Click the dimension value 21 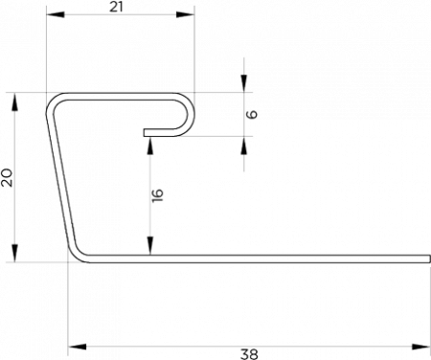pos(116,7)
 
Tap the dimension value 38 pos(249,354)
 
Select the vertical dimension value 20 pos(7,178)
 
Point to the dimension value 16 pos(158,195)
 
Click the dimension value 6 pos(252,114)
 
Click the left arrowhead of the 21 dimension pos(56,14)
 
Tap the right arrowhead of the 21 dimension pos(185,14)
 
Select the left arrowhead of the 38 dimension pos(78,347)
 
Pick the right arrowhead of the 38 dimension pos(421,347)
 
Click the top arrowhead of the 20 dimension pos(15,101)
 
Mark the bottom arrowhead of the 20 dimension pos(15,254)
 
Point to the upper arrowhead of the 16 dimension pos(150,146)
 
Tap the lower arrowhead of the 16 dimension pos(150,246)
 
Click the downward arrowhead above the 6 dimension pos(244,83)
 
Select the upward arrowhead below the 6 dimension pos(244,146)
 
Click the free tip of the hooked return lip pos(145,132)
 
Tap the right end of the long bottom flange pos(430,259)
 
